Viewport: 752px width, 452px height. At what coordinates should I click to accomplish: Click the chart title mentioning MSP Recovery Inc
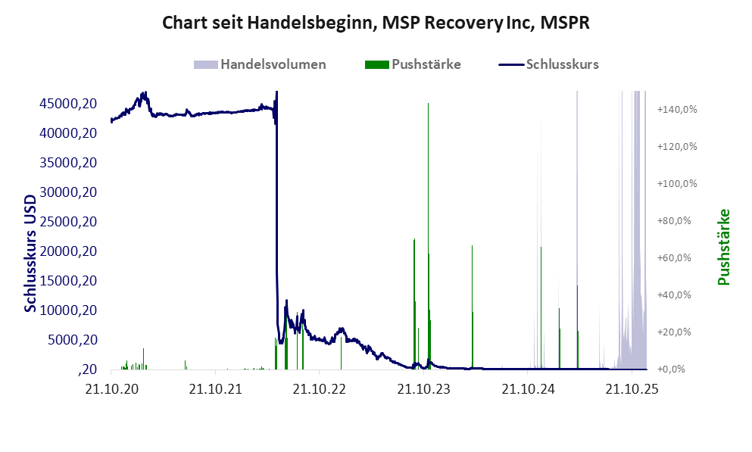(x=376, y=23)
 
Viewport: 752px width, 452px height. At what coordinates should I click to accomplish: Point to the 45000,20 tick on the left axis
(x=68, y=103)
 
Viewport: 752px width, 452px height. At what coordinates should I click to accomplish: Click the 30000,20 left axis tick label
(x=68, y=192)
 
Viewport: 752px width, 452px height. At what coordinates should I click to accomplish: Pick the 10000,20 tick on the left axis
(x=68, y=310)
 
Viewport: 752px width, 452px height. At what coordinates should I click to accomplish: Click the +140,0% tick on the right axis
(x=677, y=109)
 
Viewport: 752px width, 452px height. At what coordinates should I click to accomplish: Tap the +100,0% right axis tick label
(x=677, y=183)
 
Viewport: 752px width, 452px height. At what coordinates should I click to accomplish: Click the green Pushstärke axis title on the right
(x=724, y=247)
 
